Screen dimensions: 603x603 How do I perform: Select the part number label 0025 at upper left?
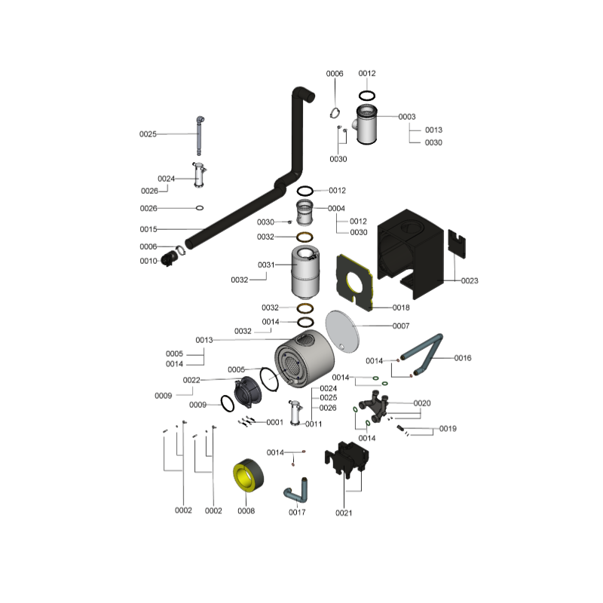[148, 134]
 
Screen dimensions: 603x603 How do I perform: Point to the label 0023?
[470, 280]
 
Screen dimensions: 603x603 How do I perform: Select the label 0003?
[407, 117]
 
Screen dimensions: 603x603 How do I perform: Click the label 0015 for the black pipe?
[148, 228]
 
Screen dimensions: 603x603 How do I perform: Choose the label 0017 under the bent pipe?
[297, 513]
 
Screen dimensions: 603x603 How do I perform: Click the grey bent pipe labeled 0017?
[296, 491]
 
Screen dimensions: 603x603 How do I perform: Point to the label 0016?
[463, 358]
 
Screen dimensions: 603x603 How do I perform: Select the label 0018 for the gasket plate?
[401, 308]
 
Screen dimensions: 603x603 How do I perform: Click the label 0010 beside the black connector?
[148, 261]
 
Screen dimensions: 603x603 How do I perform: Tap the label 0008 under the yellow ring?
[246, 511]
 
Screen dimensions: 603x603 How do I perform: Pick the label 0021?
[344, 513]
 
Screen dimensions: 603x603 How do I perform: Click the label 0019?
[448, 429]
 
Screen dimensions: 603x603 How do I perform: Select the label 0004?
[337, 209]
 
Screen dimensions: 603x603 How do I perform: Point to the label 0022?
[191, 380]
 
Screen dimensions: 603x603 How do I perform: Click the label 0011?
[314, 424]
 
